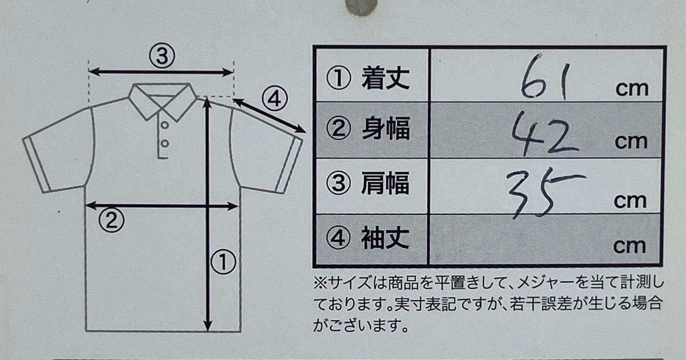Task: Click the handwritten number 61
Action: pyautogui.click(x=545, y=77)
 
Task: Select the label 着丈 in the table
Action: pyautogui.click(x=385, y=78)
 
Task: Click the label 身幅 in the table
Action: pyautogui.click(x=385, y=129)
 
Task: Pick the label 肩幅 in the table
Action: pyautogui.click(x=385, y=183)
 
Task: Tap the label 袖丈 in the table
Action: pyautogui.click(x=385, y=238)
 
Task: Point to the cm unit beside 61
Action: pyautogui.click(x=632, y=89)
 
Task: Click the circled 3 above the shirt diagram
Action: pyautogui.click(x=162, y=56)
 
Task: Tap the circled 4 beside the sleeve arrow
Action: pyautogui.click(x=274, y=99)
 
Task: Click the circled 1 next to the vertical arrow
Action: pyautogui.click(x=223, y=262)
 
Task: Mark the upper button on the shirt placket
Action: pyautogui.click(x=165, y=125)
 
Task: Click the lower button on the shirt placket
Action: pyautogui.click(x=165, y=143)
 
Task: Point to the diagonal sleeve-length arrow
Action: pyautogui.click(x=270, y=115)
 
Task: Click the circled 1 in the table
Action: pyautogui.click(x=338, y=78)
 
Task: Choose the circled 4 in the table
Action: pyautogui.click(x=337, y=238)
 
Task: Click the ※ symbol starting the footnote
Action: pyautogui.click(x=320, y=283)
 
